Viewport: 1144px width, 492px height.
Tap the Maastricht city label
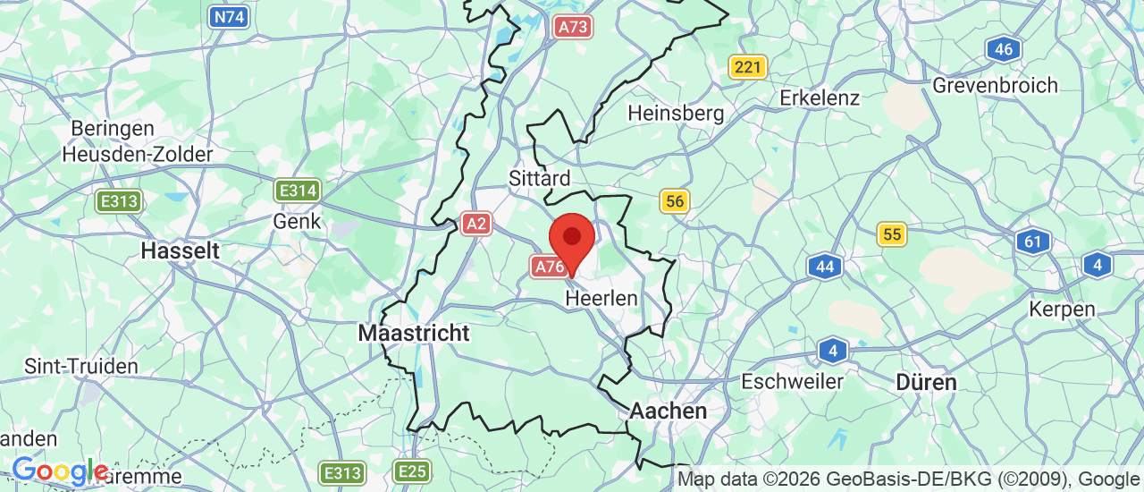(x=413, y=333)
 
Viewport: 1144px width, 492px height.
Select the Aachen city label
(x=669, y=411)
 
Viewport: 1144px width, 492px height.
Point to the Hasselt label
(x=180, y=250)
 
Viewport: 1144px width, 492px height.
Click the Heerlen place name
(x=601, y=298)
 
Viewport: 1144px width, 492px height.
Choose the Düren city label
(x=927, y=382)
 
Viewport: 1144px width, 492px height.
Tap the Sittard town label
(x=540, y=178)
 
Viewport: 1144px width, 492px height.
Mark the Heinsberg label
(x=676, y=114)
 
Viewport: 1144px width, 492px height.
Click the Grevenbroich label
(x=995, y=85)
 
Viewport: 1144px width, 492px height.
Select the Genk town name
(x=297, y=220)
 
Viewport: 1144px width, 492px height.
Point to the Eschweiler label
(x=793, y=381)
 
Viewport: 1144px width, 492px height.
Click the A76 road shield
(x=548, y=266)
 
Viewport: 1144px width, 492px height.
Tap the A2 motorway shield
(x=476, y=224)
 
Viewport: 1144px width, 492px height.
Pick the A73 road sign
(x=572, y=27)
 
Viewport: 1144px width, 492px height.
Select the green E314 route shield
(x=297, y=190)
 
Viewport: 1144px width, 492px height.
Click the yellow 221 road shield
(x=747, y=66)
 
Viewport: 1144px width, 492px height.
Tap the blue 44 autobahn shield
(x=825, y=266)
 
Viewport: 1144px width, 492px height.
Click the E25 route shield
(x=411, y=471)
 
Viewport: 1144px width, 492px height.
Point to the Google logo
(x=59, y=470)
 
